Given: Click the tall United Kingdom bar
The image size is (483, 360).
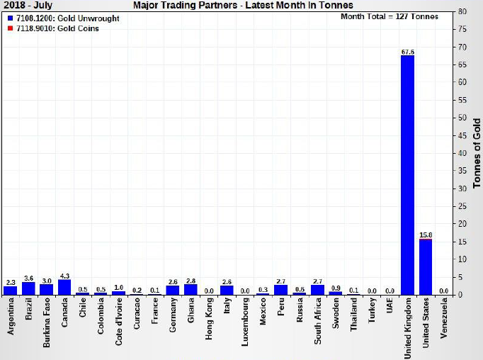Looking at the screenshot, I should click(x=407, y=174).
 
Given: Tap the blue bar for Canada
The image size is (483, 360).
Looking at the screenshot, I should click(x=64, y=287).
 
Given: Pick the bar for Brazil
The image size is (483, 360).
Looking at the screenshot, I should click(x=28, y=288).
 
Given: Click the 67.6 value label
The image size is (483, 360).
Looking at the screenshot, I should click(x=407, y=52).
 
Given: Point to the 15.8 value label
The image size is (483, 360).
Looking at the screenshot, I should click(x=426, y=235).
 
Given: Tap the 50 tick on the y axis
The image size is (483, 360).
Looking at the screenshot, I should click(x=461, y=118).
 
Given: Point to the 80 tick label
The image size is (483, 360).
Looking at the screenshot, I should click(x=461, y=11).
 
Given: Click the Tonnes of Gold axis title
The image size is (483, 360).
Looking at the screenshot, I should click(x=477, y=153).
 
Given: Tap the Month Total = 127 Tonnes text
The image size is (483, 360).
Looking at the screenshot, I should click(x=389, y=16).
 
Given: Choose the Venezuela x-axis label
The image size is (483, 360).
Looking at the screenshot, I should click(x=444, y=327).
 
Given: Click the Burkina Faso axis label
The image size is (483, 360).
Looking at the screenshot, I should click(x=47, y=327).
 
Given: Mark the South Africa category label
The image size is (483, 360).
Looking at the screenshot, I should click(x=317, y=326).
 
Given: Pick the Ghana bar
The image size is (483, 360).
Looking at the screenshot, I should click(x=191, y=289).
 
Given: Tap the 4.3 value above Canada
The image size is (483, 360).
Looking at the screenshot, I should click(x=64, y=276).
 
